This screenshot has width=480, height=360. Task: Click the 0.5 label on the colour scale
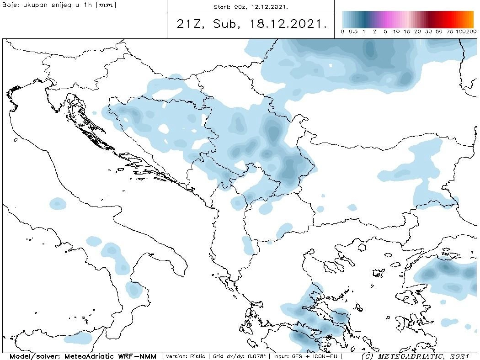353,32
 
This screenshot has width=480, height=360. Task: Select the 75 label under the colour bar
450,32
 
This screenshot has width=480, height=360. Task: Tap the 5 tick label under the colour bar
385,32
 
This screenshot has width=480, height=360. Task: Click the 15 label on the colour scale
407,32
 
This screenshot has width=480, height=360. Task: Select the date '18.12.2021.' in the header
289,24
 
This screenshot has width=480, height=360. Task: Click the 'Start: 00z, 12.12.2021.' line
251,7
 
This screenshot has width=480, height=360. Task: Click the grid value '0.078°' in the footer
256,356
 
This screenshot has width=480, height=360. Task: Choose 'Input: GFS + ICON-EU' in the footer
305,356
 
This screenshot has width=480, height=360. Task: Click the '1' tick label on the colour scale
364,32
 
